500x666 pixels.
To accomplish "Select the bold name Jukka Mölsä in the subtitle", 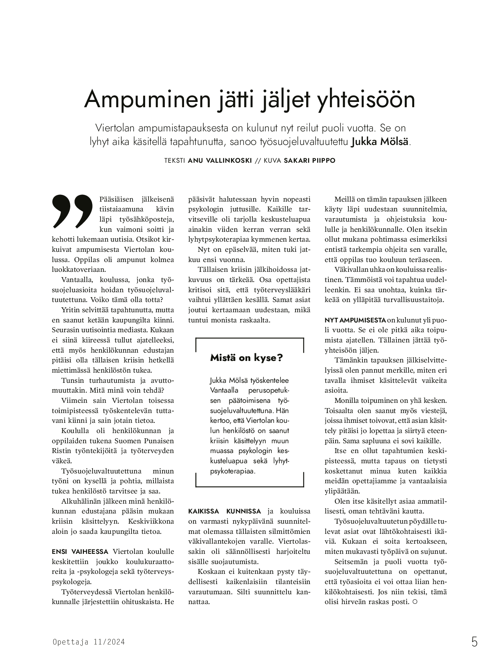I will [379, 142].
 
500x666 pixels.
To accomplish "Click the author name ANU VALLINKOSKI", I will [220, 160].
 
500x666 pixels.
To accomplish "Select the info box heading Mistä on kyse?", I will [246, 358].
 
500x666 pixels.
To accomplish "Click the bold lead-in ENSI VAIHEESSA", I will [80, 552].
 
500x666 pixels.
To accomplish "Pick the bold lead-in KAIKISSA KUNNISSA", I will [224, 511].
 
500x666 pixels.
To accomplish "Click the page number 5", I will [474, 642].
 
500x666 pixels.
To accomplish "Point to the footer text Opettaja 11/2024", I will [89, 642].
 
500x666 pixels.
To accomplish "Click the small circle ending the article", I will [415, 601].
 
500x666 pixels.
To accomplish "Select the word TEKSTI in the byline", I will [175, 160].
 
